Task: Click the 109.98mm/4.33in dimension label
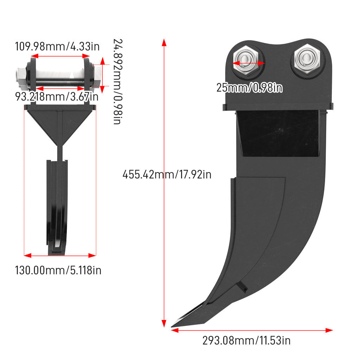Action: pyautogui.click(x=57, y=46)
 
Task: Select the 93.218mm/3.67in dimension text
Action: pyautogui.click(x=57, y=96)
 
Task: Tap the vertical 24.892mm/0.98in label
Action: pyautogui.click(x=117, y=82)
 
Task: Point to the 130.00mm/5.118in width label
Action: pyautogui.click(x=58, y=270)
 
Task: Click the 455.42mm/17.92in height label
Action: pyautogui.click(x=167, y=174)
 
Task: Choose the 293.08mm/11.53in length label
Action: pyautogui.click(x=246, y=340)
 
